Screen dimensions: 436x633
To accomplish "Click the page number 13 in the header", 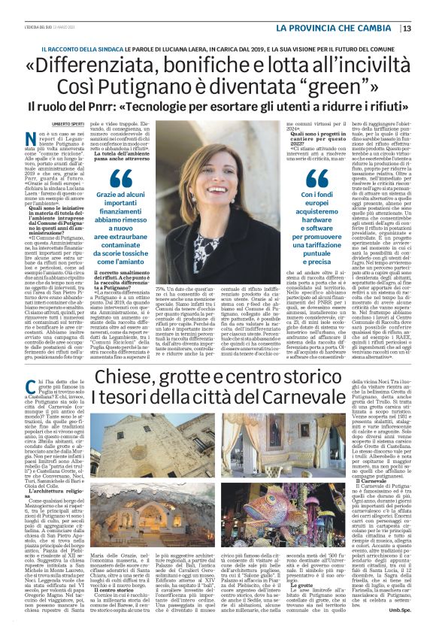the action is (x=407, y=29).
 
